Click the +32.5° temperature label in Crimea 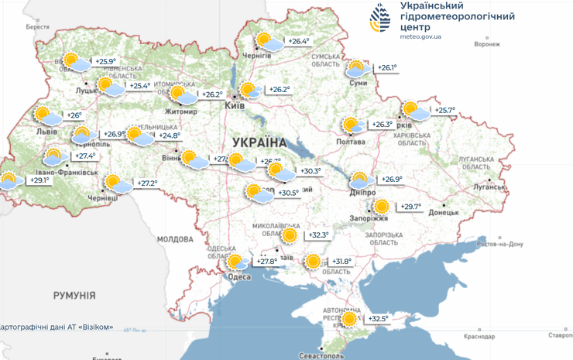pos(379,318)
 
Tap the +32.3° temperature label pos(318,235)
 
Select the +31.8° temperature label pos(341,262)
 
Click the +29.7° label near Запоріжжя pos(410,207)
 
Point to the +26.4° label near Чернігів pos(299,41)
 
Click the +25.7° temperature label pos(444,111)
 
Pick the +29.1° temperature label pos(39,180)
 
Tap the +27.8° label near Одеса pos(267,262)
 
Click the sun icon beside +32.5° pos(351,318)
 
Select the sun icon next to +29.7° pos(381,207)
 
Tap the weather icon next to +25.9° pos(74,61)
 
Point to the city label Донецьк pos(444,211)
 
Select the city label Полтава pos(351,142)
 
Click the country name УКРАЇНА pos(259,142)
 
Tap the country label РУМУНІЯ pos(74,296)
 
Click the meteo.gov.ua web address pos(421,36)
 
